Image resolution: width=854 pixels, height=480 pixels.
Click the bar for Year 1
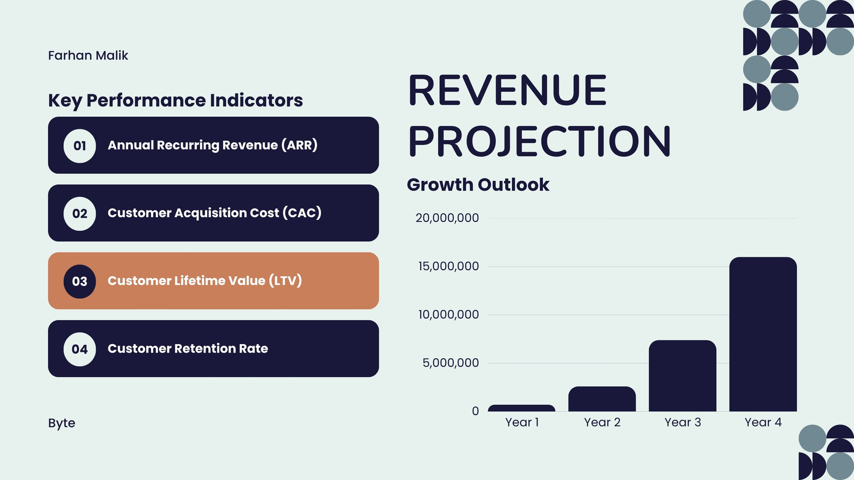click(521, 408)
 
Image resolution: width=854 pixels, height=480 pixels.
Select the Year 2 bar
click(602, 399)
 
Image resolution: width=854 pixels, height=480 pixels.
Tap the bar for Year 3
click(683, 375)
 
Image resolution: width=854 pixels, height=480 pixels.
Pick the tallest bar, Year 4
click(763, 334)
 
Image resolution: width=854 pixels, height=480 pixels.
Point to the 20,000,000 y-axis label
click(447, 218)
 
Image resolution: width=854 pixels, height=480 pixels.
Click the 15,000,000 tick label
click(448, 266)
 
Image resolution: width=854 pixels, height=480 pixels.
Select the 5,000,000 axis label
click(450, 363)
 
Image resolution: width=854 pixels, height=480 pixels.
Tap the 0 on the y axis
click(475, 411)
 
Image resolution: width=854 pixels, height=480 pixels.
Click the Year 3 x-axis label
click(683, 422)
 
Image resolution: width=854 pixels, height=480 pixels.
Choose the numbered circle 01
click(80, 146)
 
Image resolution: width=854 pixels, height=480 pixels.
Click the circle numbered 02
click(80, 213)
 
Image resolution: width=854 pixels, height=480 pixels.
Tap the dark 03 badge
click(80, 281)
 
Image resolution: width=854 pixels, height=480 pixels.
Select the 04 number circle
click(80, 349)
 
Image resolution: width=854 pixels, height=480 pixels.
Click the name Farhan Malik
click(88, 55)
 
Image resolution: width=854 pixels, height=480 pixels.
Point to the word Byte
click(62, 423)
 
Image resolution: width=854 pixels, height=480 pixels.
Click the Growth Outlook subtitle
click(478, 185)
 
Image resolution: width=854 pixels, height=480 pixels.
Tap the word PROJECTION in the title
click(540, 141)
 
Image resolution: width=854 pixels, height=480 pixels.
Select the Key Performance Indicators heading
click(176, 101)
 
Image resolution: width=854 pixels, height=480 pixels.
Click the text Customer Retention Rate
click(187, 349)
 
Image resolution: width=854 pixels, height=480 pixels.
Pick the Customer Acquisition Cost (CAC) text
click(215, 213)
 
